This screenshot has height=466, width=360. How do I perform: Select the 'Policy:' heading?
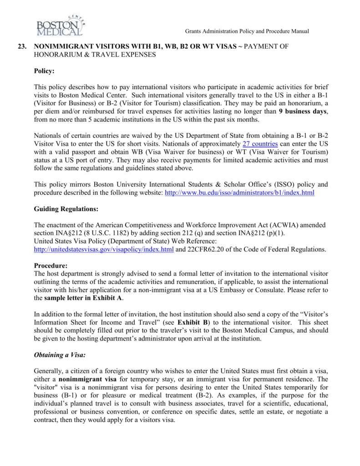coord(44,71)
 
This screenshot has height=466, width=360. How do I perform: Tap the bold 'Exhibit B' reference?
coord(193,323)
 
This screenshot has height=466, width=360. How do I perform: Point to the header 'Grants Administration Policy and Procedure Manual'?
coord(247,31)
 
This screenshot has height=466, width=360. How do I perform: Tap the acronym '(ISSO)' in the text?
coord(282,184)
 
